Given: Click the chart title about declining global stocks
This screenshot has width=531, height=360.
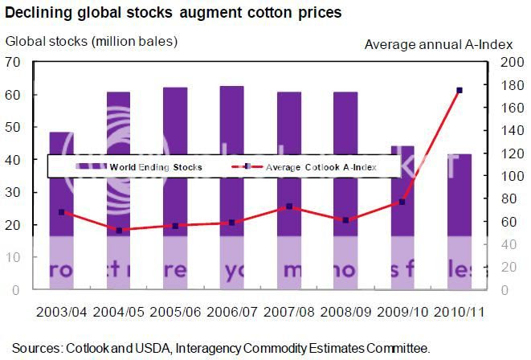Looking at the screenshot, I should tap(173, 13).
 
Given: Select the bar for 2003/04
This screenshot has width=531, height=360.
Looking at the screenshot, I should tap(61, 210).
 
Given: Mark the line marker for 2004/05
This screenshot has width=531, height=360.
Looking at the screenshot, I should tap(119, 231).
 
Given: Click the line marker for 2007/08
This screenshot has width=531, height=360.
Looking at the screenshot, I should tap(289, 207).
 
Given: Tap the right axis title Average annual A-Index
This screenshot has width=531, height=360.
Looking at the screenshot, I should tap(438, 45).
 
